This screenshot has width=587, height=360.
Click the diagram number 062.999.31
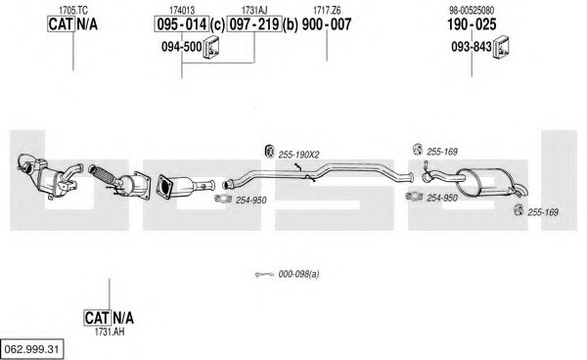32,349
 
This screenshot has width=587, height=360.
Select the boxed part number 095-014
182,24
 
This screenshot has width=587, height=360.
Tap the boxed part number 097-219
254,24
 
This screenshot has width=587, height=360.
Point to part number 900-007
327,24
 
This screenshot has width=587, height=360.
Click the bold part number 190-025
472,24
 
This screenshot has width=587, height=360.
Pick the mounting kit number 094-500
182,47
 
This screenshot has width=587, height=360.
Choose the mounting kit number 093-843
471,47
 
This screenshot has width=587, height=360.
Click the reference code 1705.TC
73,11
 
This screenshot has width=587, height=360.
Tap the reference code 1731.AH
110,332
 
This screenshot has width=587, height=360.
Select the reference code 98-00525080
472,10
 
